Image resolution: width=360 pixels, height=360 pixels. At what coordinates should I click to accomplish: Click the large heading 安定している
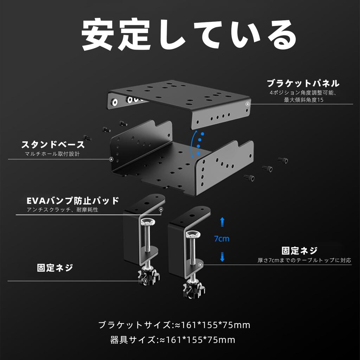pyautogui.click(x=189, y=35)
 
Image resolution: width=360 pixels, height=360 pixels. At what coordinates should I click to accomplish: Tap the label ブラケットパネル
pyautogui.click(x=303, y=84)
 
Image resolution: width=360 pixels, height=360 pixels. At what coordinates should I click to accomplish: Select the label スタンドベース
pyautogui.click(x=53, y=145)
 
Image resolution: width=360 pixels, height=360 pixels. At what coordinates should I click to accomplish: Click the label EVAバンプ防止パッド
pyautogui.click(x=73, y=201)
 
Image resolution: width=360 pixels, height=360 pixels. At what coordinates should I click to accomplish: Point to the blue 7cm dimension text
pyautogui.click(x=221, y=239)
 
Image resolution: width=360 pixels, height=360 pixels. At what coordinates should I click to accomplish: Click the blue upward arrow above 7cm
pyautogui.click(x=222, y=222)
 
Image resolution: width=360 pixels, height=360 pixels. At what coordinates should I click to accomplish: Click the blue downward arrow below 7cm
pyautogui.click(x=222, y=256)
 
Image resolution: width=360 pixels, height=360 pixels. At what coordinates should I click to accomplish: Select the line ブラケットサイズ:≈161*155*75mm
pyautogui.click(x=174, y=325)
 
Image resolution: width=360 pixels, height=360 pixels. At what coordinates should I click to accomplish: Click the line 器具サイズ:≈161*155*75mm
pyautogui.click(x=172, y=340)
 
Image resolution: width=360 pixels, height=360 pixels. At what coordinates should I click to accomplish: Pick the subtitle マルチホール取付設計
pyautogui.click(x=53, y=154)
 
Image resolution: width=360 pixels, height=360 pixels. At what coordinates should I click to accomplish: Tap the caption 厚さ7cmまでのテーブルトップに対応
pyautogui.click(x=304, y=261)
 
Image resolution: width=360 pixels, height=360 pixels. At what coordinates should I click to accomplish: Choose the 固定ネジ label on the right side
pyautogui.click(x=300, y=251)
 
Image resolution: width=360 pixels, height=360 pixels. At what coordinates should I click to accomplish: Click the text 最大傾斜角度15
pyautogui.click(x=303, y=100)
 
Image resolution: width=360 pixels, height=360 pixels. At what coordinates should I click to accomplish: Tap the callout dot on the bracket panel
pyautogui.click(x=248, y=104)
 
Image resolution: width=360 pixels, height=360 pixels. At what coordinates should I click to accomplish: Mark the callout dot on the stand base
pyautogui.click(x=111, y=159)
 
